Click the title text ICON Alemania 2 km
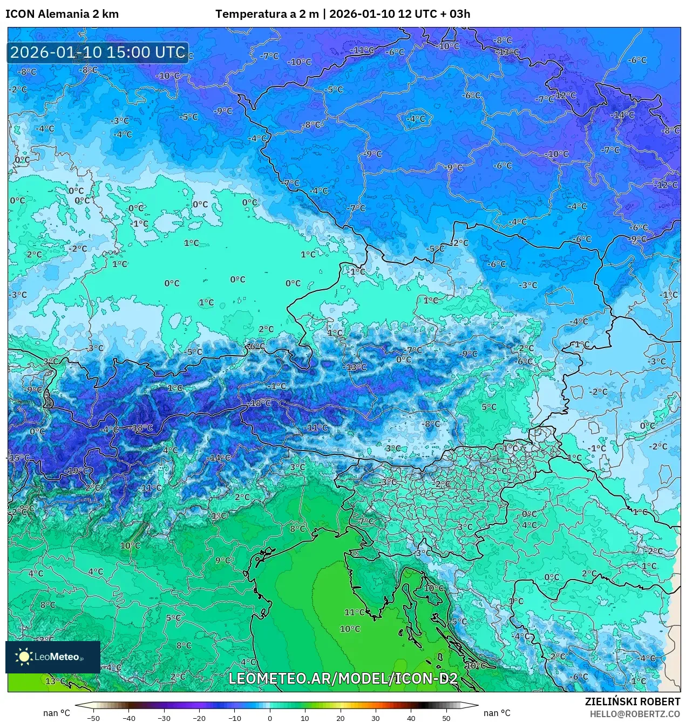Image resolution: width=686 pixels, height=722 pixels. [62, 14]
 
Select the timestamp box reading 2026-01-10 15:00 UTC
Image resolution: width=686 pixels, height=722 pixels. [98, 52]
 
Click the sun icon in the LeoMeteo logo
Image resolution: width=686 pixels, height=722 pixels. [24, 656]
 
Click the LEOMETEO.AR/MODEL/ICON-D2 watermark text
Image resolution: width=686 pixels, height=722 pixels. [343, 678]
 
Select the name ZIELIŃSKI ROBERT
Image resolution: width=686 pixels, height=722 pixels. [632, 701]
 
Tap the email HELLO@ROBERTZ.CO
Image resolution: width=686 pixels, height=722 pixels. [635, 713]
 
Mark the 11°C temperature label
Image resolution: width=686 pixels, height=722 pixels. [355, 612]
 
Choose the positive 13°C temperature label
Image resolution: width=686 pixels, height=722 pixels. [56, 681]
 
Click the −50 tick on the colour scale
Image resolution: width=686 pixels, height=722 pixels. [93, 718]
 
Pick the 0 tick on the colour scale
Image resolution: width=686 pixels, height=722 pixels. [270, 718]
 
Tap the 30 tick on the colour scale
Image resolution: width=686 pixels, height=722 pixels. [376, 718]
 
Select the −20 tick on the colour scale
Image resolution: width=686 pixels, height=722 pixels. [199, 718]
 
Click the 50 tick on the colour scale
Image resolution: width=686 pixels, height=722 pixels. [446, 718]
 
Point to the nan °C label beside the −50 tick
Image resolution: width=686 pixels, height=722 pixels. [57, 713]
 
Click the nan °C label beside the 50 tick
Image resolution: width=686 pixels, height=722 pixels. [497, 713]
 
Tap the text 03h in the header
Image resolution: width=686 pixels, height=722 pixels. [460, 14]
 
